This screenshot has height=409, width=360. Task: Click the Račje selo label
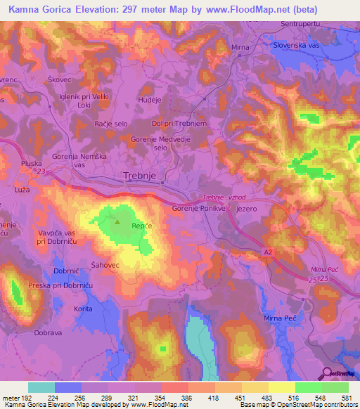pyautogui.click(x=111, y=123)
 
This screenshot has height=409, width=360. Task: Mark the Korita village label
pyautogui.click(x=84, y=309)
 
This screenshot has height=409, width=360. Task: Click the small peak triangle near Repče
pyautogui.click(x=117, y=223)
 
